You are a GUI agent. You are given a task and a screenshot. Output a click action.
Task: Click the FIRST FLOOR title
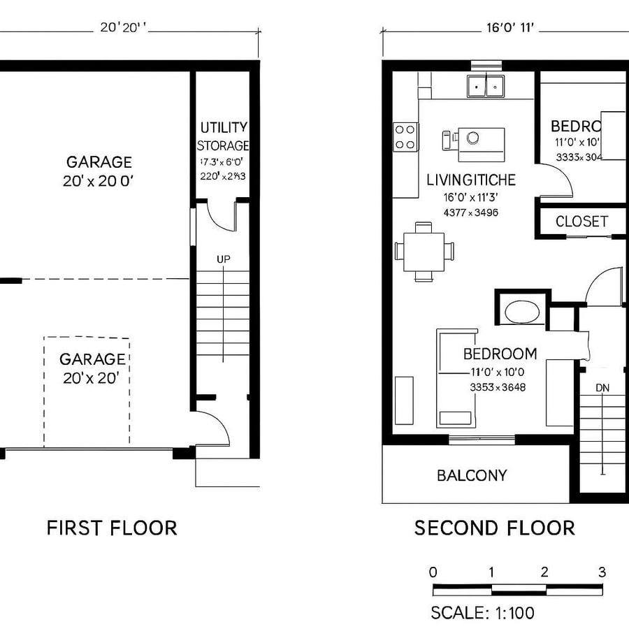pyautogui.click(x=112, y=528)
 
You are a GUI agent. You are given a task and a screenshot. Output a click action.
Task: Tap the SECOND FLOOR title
pyautogui.click(x=495, y=528)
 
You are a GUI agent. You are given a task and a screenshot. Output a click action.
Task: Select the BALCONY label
pyautogui.click(x=472, y=476)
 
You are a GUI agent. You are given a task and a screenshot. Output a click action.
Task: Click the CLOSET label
pyautogui.click(x=581, y=222)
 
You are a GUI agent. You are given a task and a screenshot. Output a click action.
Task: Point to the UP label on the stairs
pyautogui.click(x=223, y=259)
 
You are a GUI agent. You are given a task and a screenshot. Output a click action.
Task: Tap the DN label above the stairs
pyautogui.click(x=602, y=387)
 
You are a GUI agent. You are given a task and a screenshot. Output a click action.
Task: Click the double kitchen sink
pyautogui.click(x=486, y=87)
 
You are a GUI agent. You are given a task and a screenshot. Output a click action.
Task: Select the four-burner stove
pyautogui.click(x=405, y=136)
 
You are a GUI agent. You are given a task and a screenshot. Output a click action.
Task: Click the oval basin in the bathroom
pyautogui.click(x=522, y=312)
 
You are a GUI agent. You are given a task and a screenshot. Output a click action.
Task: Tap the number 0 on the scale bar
pyautogui.click(x=433, y=572)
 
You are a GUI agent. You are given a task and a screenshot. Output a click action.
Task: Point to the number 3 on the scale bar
pyautogui.click(x=602, y=572)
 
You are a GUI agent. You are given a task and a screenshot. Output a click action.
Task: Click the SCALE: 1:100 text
pyautogui.click(x=482, y=613)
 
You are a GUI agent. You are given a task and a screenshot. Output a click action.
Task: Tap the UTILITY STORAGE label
pyautogui.click(x=223, y=136)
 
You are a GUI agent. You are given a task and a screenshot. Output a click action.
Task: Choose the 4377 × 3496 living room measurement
pyautogui.click(x=470, y=212)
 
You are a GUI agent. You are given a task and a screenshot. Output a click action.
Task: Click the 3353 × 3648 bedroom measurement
pyautogui.click(x=498, y=387)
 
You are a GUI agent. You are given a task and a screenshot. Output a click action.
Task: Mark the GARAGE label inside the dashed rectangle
pyautogui.click(x=92, y=359)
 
